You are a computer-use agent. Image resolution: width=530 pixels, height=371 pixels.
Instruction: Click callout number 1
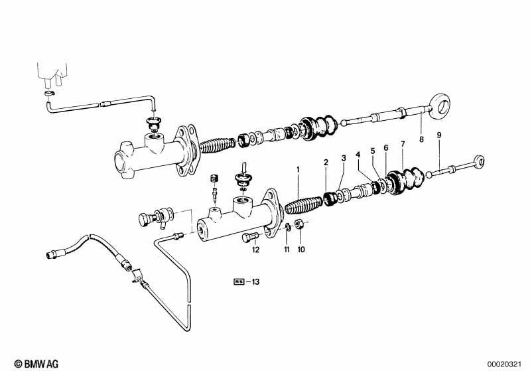pos(298,169)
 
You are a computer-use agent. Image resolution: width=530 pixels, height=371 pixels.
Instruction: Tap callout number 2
pos(326,163)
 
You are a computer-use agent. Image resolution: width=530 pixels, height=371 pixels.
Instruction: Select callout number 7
pos(403,144)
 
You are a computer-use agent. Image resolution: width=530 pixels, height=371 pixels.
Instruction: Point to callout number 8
pos(421,139)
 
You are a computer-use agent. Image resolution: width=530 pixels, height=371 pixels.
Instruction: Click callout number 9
pos(438,135)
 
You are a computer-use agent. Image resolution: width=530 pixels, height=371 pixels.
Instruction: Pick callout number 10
pos(301,250)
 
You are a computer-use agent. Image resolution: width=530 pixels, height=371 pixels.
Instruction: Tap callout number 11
pos(287,250)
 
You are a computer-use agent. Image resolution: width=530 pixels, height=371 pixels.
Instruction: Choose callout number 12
pos(255,250)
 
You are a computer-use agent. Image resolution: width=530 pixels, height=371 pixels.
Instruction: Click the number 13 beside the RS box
pos(255,281)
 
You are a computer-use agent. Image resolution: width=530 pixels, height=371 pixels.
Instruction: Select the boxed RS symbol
pos(239,281)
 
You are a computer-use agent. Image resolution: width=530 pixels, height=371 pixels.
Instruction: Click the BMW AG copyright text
pos(36,364)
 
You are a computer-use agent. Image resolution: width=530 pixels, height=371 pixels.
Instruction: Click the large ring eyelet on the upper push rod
pos(440,106)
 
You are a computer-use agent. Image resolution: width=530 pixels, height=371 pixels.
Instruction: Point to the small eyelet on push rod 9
pos(479,162)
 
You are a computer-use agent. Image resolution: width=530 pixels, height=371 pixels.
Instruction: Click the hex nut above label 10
pos(298,224)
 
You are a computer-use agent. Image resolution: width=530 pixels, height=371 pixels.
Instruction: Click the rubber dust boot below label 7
pos(405,181)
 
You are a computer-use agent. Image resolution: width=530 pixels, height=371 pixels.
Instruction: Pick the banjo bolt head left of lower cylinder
pos(145,220)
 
